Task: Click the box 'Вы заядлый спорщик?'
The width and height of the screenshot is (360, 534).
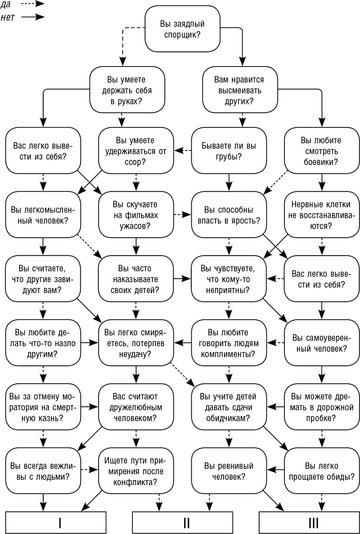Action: coord(183,29)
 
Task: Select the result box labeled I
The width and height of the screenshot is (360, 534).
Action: coord(56,522)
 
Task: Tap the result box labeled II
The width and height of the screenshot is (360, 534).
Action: coord(183,522)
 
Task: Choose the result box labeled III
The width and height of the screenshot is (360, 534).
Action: coord(309,522)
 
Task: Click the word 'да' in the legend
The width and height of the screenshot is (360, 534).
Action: coord(6,5)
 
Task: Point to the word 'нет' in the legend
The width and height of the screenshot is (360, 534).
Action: coord(8,17)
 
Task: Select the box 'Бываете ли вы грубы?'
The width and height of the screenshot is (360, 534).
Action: coord(229,151)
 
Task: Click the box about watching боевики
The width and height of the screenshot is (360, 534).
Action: coord(322,151)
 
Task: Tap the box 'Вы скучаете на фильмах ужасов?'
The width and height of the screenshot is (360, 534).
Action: coord(136,215)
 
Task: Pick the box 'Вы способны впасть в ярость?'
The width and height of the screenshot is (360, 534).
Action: coord(229,215)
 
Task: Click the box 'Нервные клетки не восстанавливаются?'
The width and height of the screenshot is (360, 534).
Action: coord(322,215)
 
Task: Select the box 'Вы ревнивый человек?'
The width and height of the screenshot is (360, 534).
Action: coord(229,471)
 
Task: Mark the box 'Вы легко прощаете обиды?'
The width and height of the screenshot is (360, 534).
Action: coord(322,471)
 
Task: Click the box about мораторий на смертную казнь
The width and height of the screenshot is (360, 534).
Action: coord(43,407)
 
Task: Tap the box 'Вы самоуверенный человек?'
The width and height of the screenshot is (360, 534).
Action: coord(322,343)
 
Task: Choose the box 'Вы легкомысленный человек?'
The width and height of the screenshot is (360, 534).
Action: coord(43,215)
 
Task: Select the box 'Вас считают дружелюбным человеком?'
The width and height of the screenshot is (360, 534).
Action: coord(136,407)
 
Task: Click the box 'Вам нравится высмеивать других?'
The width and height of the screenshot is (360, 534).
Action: coord(240,90)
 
